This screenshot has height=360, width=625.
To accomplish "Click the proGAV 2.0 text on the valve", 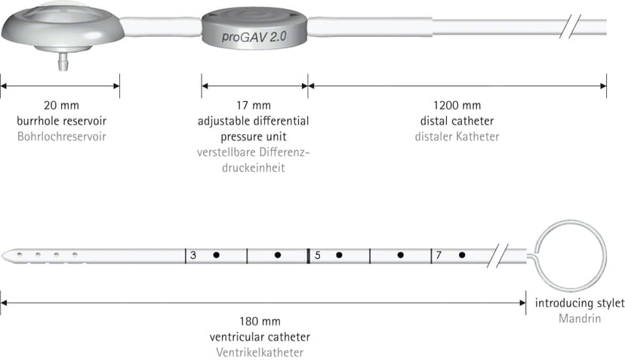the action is (x=254, y=37).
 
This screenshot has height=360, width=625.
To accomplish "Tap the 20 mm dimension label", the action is (x=61, y=105).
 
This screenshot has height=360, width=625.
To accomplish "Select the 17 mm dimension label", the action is (x=254, y=105).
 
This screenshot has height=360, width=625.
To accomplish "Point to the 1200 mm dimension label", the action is (x=457, y=105).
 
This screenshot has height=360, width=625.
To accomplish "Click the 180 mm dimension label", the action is (x=260, y=322).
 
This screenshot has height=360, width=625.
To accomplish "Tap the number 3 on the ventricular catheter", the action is (x=193, y=255).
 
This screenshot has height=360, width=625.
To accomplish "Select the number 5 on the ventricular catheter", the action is (x=318, y=255).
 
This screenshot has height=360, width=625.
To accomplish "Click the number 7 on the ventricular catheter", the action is (x=439, y=255).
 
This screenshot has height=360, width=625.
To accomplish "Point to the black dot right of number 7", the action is (x=462, y=255).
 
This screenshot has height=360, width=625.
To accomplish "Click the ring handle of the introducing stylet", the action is (x=535, y=255).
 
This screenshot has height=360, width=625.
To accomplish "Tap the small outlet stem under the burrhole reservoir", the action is (x=63, y=61).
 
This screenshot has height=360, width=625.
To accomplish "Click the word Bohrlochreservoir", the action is (x=62, y=137).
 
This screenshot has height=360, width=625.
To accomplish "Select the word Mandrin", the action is (x=580, y=318).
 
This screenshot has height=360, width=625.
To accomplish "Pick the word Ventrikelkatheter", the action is (x=260, y=352).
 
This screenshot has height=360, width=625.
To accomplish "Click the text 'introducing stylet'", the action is (x=580, y=303).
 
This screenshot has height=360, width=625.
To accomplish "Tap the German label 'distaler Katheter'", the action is (x=457, y=137).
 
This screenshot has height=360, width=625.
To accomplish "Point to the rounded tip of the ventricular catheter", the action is (x=3, y=256).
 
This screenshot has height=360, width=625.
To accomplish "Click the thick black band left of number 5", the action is (x=309, y=256).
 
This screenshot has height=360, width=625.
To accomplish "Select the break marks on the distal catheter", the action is (x=570, y=26).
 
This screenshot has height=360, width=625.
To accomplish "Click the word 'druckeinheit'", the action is (x=254, y=168).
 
